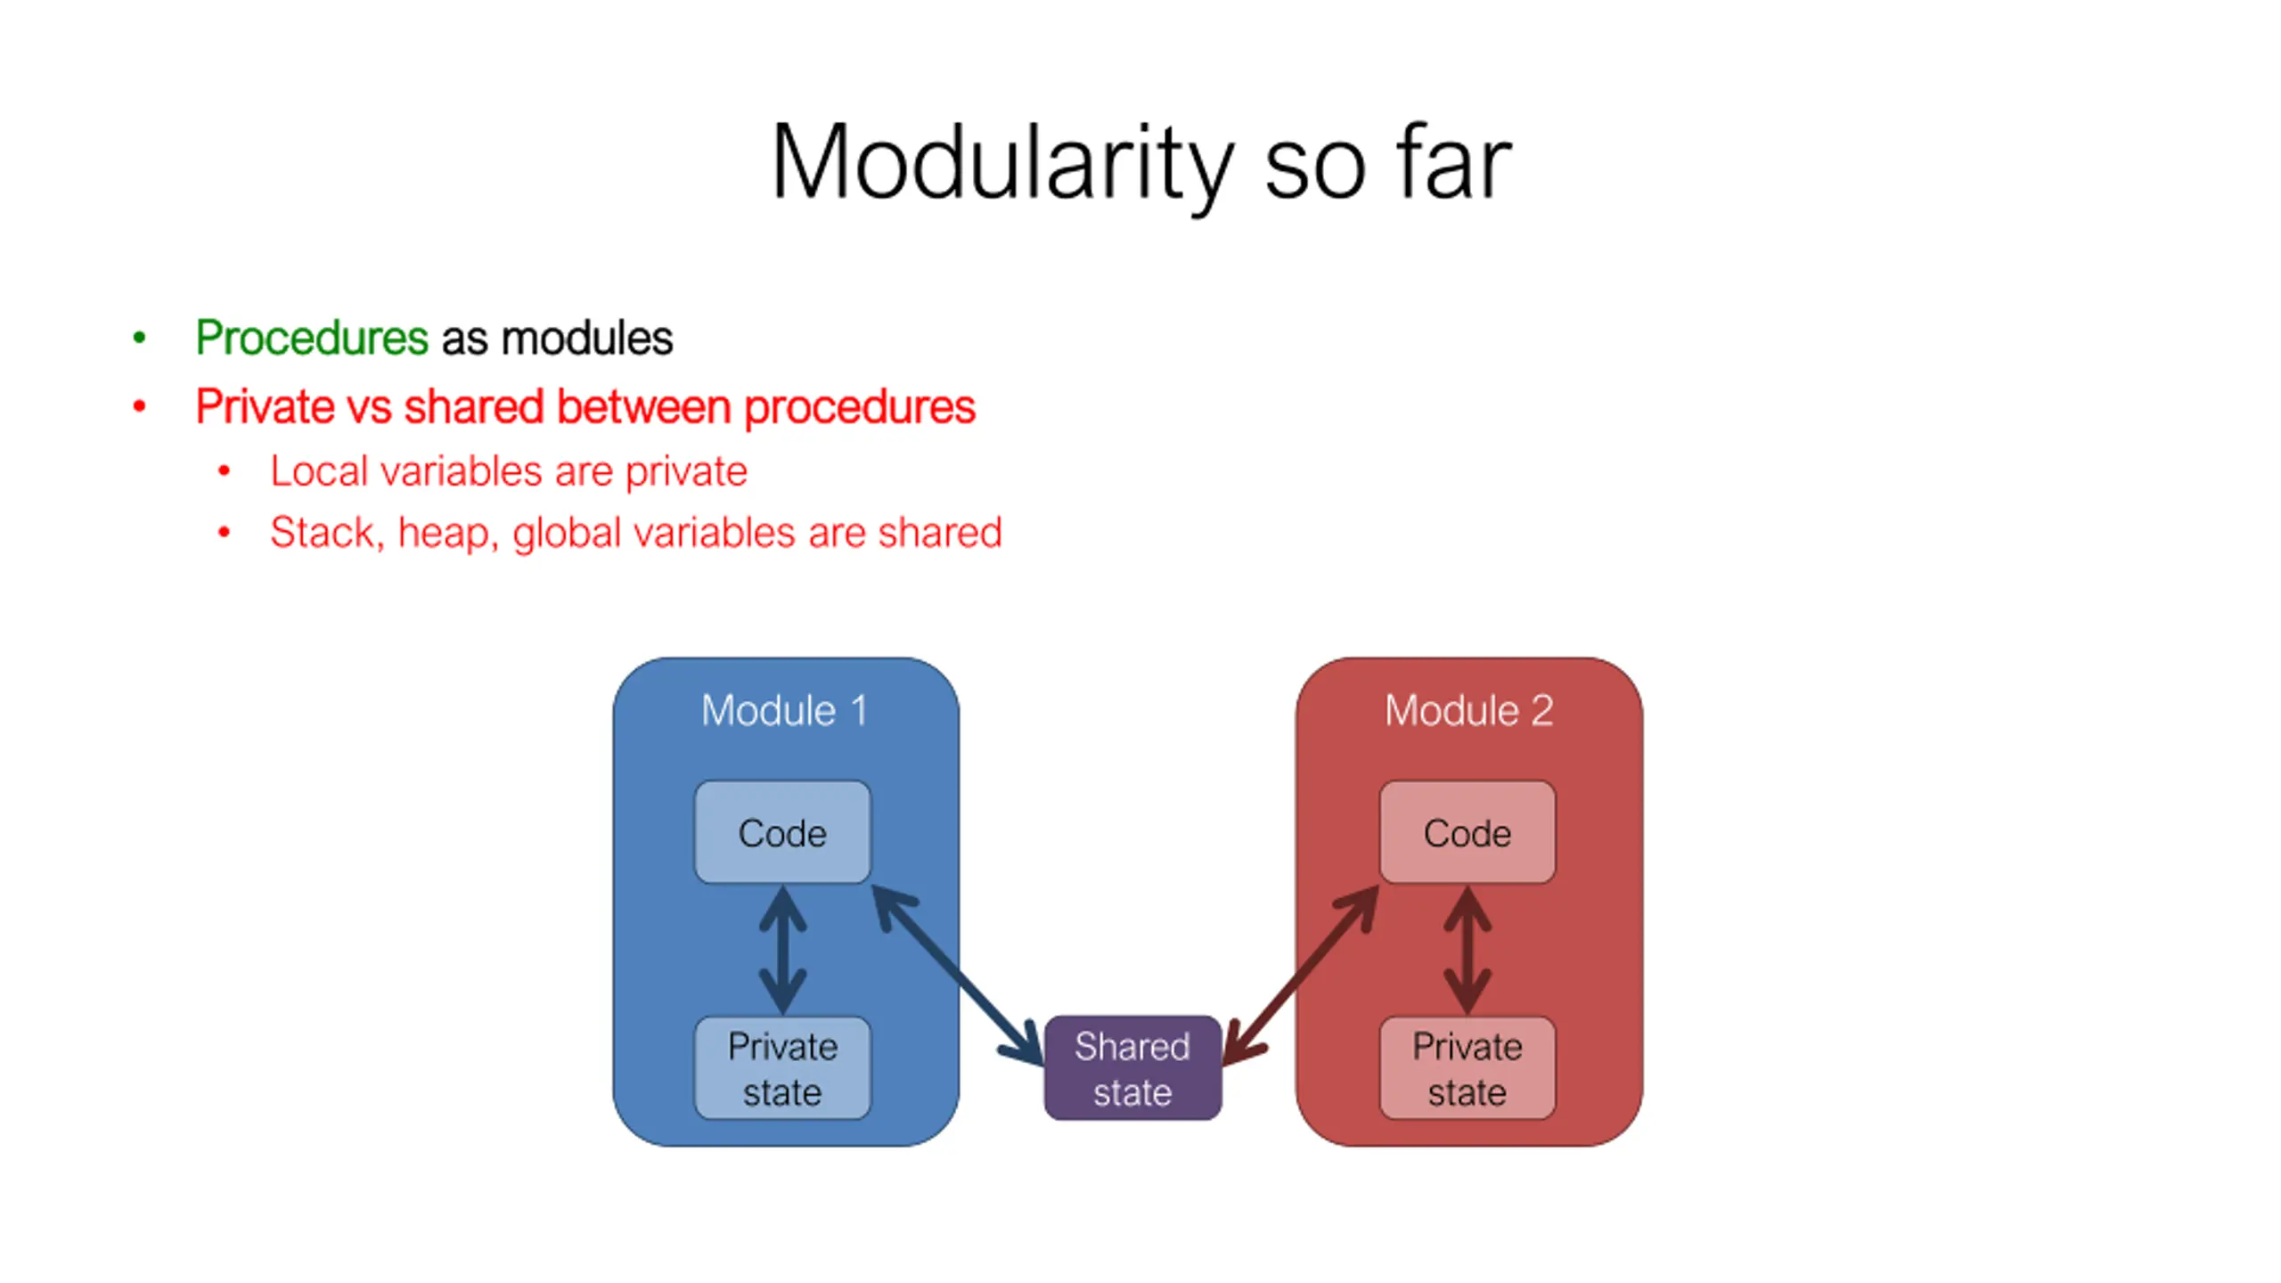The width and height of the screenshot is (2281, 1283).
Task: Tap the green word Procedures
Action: [x=312, y=338]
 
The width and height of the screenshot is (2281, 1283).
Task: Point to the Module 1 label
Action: [x=784, y=711]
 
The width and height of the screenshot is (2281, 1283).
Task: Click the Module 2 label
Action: [x=1468, y=711]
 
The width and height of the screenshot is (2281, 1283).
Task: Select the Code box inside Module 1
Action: [x=782, y=833]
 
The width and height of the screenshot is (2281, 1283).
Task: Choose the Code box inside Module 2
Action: [x=1468, y=833]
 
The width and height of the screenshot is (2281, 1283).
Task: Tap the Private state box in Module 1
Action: [x=782, y=1068]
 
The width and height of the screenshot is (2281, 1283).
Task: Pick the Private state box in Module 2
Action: [x=1468, y=1068]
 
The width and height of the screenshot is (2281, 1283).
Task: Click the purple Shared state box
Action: [x=1132, y=1068]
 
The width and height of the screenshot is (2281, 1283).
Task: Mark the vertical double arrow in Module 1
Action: [x=782, y=950]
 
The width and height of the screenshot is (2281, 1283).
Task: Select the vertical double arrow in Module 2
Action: [x=1468, y=950]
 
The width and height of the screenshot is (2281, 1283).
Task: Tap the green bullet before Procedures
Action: [x=139, y=338]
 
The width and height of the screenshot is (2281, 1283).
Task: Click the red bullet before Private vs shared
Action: [x=139, y=407]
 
